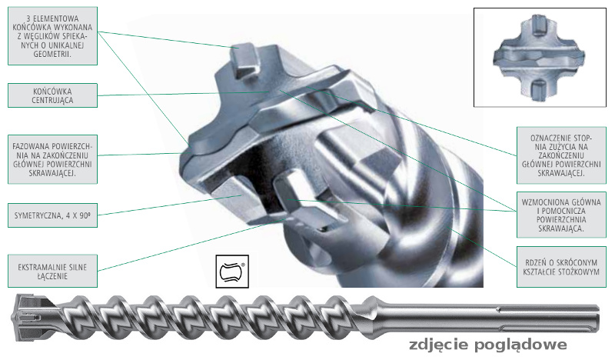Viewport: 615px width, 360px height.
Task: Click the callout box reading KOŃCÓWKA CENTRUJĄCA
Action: [52, 95]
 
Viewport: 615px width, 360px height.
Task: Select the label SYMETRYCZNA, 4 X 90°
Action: [52, 215]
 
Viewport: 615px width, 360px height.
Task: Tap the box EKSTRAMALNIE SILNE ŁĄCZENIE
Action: [52, 271]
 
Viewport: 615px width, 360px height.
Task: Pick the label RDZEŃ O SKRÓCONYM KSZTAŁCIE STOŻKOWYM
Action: [561, 267]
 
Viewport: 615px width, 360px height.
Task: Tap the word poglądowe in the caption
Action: [521, 345]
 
